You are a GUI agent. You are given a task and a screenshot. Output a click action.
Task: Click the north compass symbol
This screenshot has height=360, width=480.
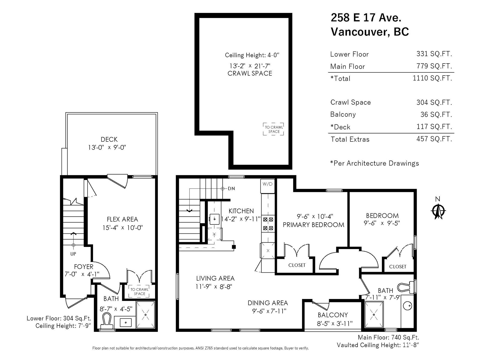[438, 211]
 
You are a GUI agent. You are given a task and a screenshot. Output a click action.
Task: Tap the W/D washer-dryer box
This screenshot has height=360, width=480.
[267, 186]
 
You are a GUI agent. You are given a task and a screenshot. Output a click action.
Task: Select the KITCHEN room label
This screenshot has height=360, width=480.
[241, 211]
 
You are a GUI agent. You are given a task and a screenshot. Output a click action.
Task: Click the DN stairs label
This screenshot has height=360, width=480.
[231, 188]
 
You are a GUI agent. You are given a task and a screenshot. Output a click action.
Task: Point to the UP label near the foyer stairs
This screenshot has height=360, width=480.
[73, 254]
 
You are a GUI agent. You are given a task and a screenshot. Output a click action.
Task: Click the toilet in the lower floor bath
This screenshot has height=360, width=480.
[107, 321]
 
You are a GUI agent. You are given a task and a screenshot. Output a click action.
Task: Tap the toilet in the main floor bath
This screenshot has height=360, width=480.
[406, 287]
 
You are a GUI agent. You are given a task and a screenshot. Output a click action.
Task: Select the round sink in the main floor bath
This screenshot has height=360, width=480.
[407, 306]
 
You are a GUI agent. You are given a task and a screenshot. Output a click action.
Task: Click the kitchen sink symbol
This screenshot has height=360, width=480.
[214, 219]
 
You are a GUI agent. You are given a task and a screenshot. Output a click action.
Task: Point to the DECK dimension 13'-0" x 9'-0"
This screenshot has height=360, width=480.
[107, 148]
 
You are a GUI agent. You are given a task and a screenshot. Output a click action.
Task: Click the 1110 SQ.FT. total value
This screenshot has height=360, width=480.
[432, 78]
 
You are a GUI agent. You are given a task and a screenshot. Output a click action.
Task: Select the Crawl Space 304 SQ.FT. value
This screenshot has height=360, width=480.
[434, 102]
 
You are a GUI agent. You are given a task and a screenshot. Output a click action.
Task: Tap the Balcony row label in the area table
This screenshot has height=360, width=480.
[343, 114]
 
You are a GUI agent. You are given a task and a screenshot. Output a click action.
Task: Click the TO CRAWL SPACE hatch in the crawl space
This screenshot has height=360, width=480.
[273, 129]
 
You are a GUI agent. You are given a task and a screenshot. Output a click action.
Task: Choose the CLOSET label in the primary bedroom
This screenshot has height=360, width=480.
[297, 265]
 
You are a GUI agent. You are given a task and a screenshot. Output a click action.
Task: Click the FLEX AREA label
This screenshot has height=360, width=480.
[122, 219]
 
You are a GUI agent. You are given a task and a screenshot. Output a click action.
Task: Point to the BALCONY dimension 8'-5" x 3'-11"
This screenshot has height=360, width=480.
[335, 323]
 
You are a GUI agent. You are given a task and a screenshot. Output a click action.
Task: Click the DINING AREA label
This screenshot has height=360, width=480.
[268, 303]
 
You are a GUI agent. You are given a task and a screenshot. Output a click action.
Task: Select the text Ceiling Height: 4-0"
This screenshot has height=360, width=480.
[252, 55]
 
